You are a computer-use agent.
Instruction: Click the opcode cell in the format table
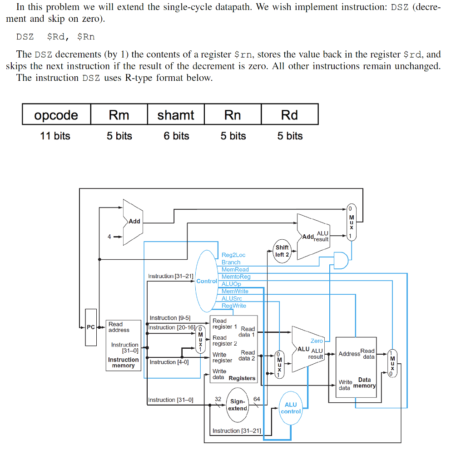click(56, 115)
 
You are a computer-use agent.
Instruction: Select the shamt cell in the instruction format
click(176, 115)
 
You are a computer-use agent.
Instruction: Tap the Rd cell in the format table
click(289, 115)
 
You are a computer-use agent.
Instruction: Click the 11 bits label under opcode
click(55, 136)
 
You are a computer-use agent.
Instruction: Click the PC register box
click(91, 327)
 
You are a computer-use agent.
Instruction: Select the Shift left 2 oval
click(282, 251)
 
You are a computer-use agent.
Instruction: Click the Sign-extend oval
click(238, 405)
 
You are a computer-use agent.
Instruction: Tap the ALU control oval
click(291, 408)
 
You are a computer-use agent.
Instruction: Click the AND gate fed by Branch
click(341, 260)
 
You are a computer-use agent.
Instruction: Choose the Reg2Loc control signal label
click(233, 255)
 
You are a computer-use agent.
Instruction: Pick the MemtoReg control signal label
click(236, 277)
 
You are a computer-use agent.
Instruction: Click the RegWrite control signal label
click(233, 306)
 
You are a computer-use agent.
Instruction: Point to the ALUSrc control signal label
click(232, 298)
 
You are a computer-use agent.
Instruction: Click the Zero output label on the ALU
click(317, 341)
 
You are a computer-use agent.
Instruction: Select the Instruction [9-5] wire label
click(170, 318)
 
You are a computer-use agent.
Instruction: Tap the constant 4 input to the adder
click(109, 237)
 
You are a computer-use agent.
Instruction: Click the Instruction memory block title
click(123, 362)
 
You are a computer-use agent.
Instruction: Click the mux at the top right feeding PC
click(351, 222)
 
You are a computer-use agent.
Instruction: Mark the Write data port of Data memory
click(345, 385)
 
